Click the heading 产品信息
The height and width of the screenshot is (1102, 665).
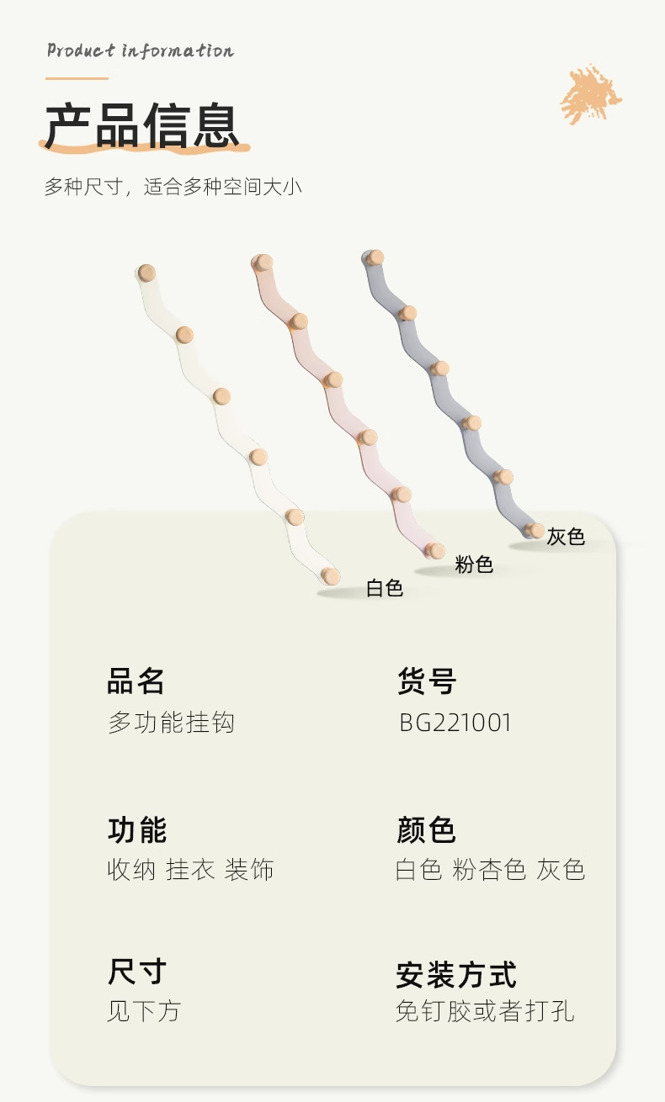142,126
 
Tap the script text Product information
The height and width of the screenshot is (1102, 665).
140,50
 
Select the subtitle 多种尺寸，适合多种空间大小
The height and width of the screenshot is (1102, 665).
173,187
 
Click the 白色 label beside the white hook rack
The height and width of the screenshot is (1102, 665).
385,588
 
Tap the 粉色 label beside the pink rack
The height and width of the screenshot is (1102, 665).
474,564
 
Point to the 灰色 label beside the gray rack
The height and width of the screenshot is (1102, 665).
566,537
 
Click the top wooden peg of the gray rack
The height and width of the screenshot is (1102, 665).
375,257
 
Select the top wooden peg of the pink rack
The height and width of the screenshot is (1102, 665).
263,262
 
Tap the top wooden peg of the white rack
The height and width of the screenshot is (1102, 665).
147,273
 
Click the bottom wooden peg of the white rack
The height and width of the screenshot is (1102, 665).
331,575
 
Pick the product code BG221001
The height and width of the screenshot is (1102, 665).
455,723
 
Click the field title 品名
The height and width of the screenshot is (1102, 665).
136,681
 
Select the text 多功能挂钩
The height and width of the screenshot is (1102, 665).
171,723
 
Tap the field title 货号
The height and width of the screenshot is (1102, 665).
427,681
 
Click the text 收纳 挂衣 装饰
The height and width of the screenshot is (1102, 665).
190,870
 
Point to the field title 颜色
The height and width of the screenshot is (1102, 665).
426,829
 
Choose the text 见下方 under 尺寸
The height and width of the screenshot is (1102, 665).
143,1011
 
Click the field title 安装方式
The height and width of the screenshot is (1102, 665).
456,975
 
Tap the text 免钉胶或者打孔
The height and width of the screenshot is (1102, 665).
485,1011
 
